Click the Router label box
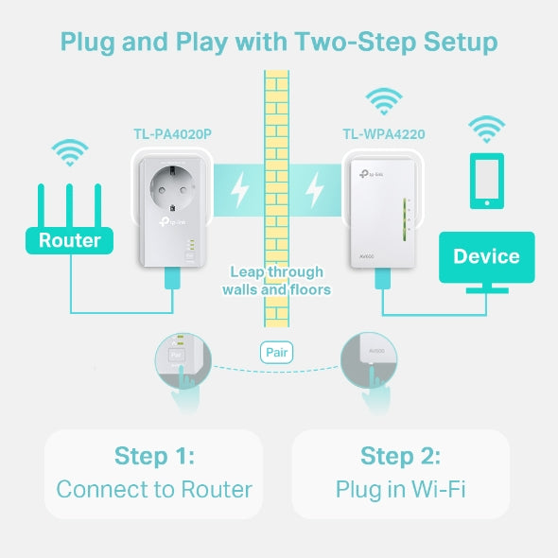pos(69,240)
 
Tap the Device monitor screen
pos(486,255)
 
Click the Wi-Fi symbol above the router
pos(69,151)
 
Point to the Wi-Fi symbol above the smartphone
pos(487,127)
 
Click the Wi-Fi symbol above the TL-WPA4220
pos(383,100)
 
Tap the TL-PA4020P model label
pos(171,134)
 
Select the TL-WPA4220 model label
pos(383,134)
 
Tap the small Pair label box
pos(276,353)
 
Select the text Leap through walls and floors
pos(276,281)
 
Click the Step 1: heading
pos(153,456)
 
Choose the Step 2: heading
pos(400,456)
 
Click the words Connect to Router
pos(153,489)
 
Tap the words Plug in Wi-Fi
pos(400,489)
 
